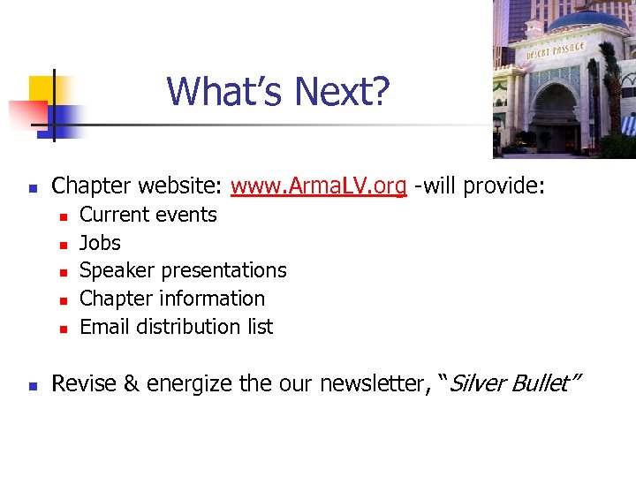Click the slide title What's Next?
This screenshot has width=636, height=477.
pos(277,91)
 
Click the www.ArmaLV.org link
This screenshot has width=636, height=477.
pos(318,185)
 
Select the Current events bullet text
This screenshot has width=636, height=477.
pos(148,215)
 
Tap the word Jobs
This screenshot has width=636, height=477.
pos(100,243)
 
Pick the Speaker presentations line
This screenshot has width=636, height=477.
pos(183,270)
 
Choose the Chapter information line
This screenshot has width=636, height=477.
pos(172,299)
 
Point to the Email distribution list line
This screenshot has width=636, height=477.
pos(177,327)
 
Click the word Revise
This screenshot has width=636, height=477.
pos(79,384)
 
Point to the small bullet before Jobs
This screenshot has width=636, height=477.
pos(63,245)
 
